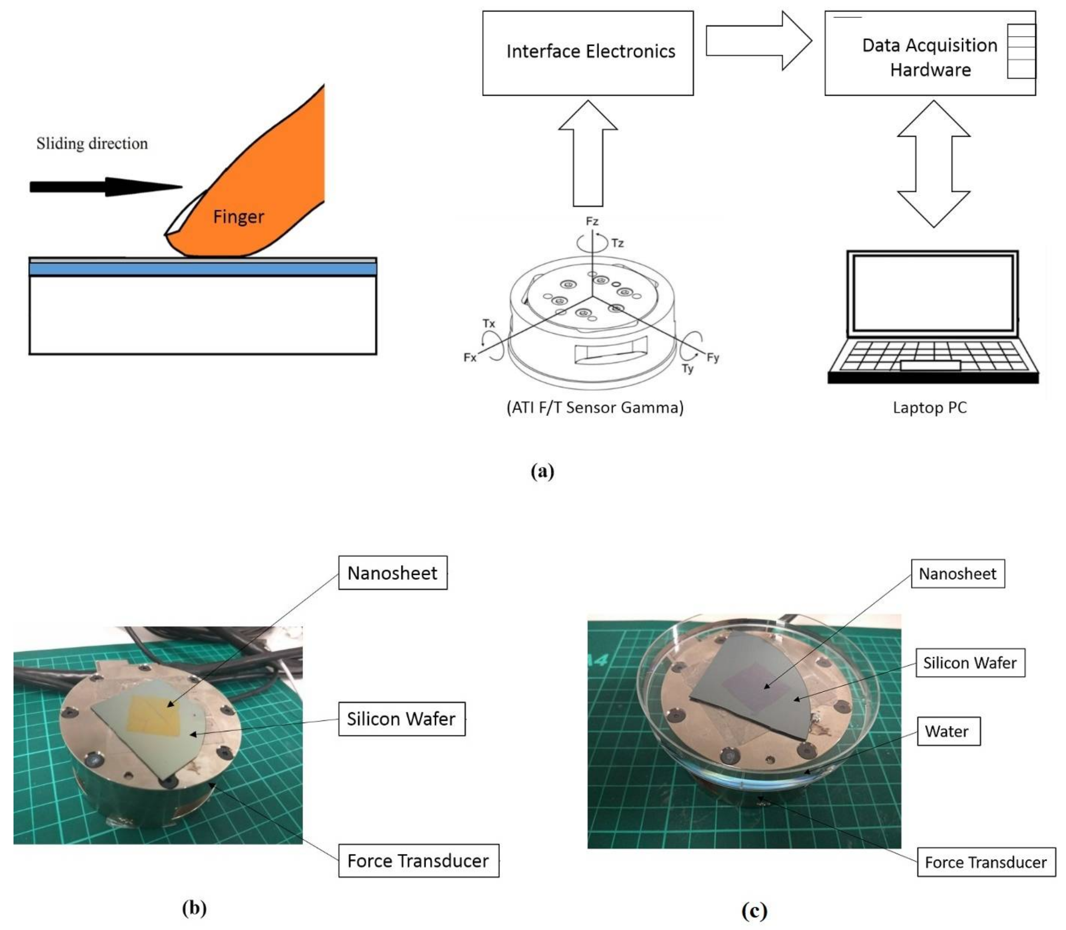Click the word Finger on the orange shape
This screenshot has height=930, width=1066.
pyautogui.click(x=238, y=217)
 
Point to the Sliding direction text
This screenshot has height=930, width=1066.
pyautogui.click(x=92, y=143)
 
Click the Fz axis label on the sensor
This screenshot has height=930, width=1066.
pyautogui.click(x=592, y=221)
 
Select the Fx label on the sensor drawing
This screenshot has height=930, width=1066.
pyautogui.click(x=470, y=358)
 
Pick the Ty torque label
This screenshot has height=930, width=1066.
pyautogui.click(x=687, y=369)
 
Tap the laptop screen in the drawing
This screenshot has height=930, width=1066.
pyautogui.click(x=933, y=293)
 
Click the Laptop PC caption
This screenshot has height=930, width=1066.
pyautogui.click(x=929, y=407)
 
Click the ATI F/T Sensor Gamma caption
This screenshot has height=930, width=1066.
pyautogui.click(x=595, y=407)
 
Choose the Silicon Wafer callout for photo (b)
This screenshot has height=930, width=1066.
pyautogui.click(x=401, y=719)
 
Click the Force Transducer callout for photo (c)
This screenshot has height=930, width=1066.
pyautogui.click(x=986, y=862)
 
